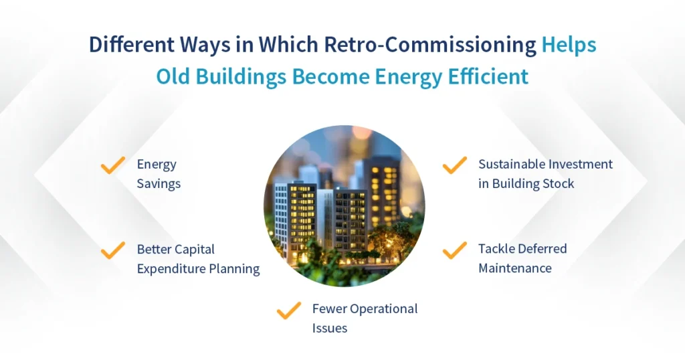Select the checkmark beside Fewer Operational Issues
coord(289,310)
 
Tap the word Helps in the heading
coord(569,46)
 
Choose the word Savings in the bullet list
coord(159,183)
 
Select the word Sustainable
coord(511,164)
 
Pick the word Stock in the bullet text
coord(558,183)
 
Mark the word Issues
coord(329,328)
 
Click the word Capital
coord(194,250)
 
